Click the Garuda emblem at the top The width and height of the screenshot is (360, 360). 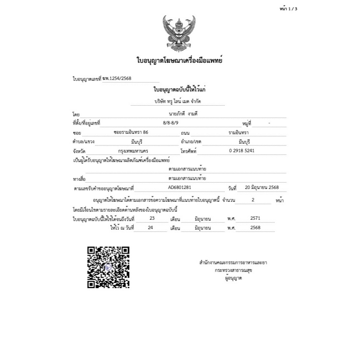pos(180,33)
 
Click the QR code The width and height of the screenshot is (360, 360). pos(108,267)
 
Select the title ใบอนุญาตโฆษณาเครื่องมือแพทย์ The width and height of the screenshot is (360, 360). pos(180,61)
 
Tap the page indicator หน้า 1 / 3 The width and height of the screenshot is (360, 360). pos(288,9)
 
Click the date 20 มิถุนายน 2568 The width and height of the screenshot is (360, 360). pos(262,188)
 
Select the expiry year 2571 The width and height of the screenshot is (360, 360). pos(255,218)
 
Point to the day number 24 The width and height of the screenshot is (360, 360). pos(150,228)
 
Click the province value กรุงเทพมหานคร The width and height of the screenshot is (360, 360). pos(136,150)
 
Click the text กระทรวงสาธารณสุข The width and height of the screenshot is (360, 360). pos(233,271)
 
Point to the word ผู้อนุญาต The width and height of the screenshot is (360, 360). pos(233,278)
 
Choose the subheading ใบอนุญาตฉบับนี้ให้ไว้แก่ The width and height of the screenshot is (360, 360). pos(180,90)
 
